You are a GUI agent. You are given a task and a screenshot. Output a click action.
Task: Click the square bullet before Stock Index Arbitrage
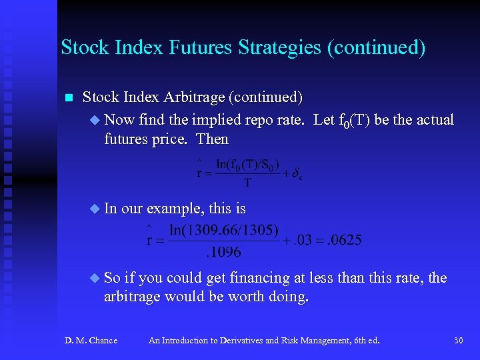point(67,98)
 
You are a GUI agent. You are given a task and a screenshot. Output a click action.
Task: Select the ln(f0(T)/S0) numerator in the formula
point(247,164)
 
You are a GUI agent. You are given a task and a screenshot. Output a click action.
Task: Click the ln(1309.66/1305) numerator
point(223,231)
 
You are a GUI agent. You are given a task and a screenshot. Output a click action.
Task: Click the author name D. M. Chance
point(91,341)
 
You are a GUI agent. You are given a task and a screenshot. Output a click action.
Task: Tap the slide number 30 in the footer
point(458,341)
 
